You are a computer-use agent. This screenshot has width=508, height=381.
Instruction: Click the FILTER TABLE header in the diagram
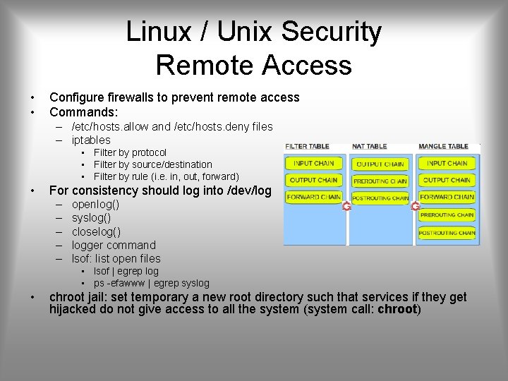[x=307, y=147]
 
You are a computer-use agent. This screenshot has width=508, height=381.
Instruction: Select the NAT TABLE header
[x=369, y=147]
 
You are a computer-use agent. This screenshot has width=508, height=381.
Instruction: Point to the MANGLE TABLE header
[x=443, y=147]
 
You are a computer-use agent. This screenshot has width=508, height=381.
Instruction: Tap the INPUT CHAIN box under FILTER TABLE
[x=313, y=163]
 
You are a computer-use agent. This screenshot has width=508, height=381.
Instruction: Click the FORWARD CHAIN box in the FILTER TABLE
[x=313, y=197]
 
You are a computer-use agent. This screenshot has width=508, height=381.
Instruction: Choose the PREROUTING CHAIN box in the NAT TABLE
[x=380, y=181]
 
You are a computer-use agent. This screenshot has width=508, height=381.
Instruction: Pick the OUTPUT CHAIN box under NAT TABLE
[x=380, y=164]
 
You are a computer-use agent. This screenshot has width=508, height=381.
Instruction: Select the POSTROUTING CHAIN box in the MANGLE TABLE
[x=447, y=232]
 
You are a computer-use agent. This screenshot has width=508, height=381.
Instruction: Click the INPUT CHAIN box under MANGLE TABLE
[x=447, y=163]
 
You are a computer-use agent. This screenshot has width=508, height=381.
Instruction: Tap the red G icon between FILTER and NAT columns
[x=346, y=206]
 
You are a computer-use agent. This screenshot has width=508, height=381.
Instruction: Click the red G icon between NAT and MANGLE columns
[x=415, y=206]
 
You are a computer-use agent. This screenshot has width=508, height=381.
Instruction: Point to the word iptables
[x=91, y=140]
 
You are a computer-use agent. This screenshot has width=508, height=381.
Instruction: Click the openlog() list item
[x=95, y=205]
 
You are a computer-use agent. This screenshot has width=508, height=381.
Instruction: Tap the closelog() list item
[x=96, y=231]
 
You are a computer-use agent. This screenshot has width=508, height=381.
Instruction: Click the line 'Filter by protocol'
[x=130, y=152]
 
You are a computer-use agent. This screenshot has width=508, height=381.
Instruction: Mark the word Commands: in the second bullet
[x=83, y=111]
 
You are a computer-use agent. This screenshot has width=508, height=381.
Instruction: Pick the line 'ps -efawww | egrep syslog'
[x=151, y=283]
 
